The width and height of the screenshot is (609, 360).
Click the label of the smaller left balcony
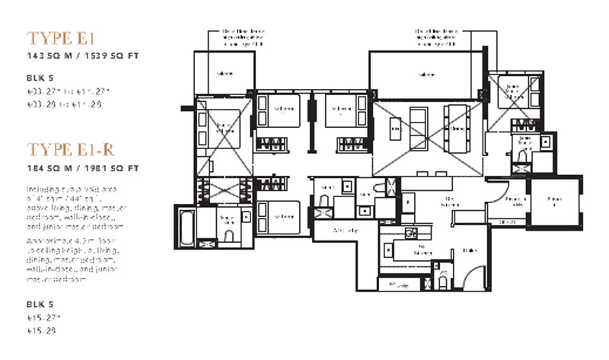tap(225, 74)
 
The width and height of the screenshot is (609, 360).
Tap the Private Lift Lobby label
tap(503, 200)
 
